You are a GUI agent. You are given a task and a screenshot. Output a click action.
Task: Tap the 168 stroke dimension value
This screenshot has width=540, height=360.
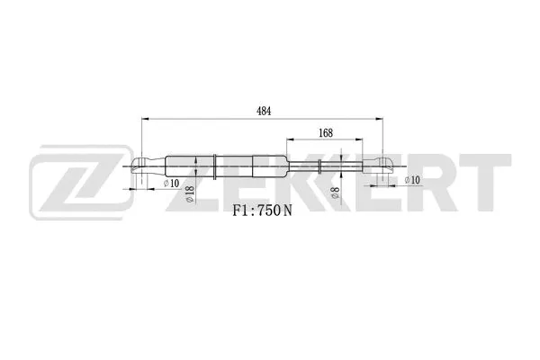click(x=326, y=132)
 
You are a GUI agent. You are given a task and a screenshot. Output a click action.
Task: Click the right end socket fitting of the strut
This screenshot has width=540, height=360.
click(x=381, y=165)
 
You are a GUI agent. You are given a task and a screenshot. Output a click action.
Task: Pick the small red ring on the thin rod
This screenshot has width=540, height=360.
click(x=321, y=165)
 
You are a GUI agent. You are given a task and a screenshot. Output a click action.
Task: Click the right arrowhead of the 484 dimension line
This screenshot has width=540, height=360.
click(x=381, y=118)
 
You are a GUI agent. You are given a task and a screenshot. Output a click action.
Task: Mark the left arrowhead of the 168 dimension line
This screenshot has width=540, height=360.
click(x=290, y=140)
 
